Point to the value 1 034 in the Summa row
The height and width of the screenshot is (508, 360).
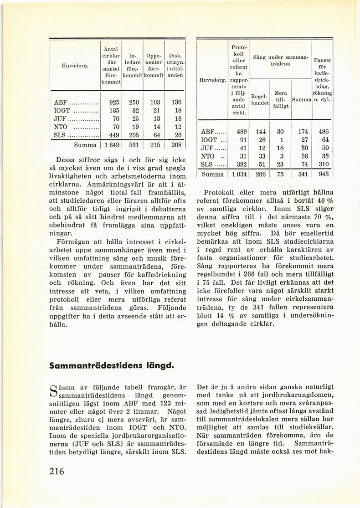[x=237, y=174]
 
